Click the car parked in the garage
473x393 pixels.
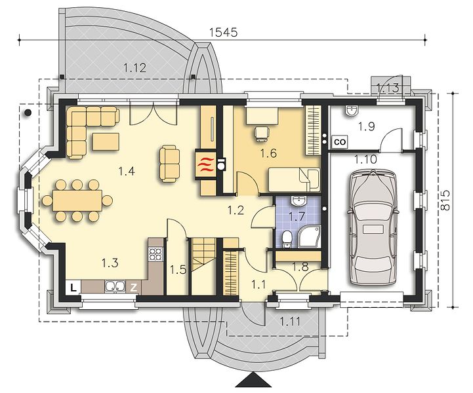tap(373, 227)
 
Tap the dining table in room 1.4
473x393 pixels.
tap(77, 200)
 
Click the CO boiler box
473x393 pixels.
tap(340, 141)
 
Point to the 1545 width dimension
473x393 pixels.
tap(224, 32)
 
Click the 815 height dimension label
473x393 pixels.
tap(445, 200)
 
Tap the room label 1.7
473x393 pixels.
tap(297, 216)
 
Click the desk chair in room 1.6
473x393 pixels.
tap(262, 133)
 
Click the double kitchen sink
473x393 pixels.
tap(115, 286)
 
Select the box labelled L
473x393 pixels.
tap(73, 287)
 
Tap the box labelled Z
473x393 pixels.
tap(134, 288)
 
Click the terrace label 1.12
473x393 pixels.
tap(135, 67)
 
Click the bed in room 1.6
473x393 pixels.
tap(294, 179)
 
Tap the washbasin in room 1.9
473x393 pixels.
tap(352, 111)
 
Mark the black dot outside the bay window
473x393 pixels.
tap(28, 113)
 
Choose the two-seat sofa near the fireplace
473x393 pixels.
tap(169, 164)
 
